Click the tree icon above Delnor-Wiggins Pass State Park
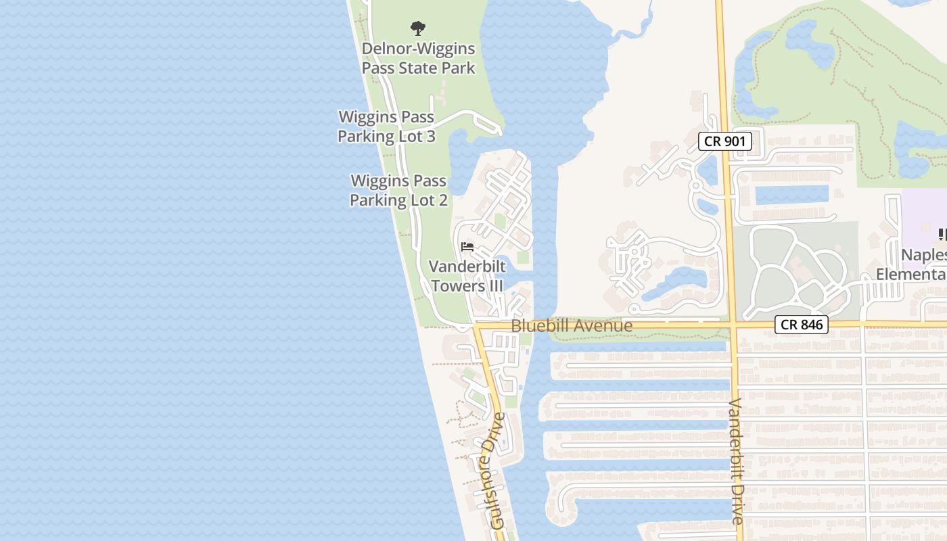(418, 28)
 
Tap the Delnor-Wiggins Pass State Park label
(418, 58)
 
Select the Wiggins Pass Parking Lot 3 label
(386, 126)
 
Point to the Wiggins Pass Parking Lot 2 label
(398, 191)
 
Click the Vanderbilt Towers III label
(467, 276)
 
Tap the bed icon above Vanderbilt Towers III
(467, 247)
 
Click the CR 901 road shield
(725, 141)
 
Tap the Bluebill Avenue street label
(572, 326)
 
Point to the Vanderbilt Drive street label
(737, 461)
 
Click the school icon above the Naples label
(942, 235)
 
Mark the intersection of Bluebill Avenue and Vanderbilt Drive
(733, 325)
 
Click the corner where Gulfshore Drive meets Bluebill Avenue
(476, 325)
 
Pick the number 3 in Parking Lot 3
(430, 136)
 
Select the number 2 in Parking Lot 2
(442, 200)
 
